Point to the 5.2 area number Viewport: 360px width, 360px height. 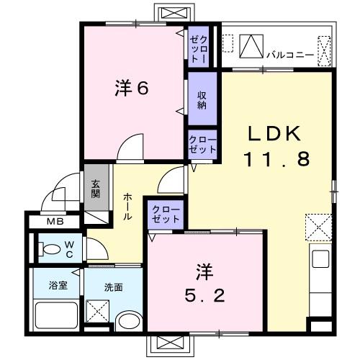(x=204, y=295)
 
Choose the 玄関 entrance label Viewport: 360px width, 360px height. (x=96, y=188)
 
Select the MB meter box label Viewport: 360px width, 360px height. (x=55, y=221)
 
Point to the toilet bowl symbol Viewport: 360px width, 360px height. (x=52, y=250)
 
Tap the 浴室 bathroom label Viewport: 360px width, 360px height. (x=58, y=286)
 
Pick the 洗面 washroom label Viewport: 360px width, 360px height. (x=113, y=287)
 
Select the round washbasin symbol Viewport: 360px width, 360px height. (x=130, y=322)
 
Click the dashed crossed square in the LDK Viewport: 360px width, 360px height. (x=317, y=227)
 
